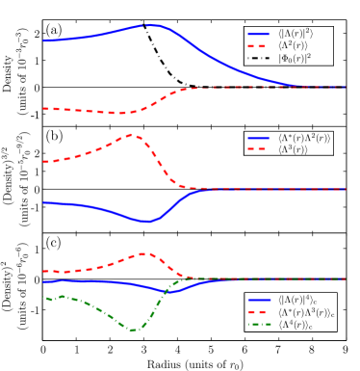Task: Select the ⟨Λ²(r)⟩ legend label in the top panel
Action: pyautogui.click(x=296, y=46)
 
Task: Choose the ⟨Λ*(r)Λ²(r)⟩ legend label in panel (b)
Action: pyautogui.click(x=304, y=138)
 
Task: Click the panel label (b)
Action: pyautogui.click(x=54, y=136)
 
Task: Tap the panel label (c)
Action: pyautogui.click(x=54, y=242)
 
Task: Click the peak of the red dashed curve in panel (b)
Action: pyautogui.click(x=133, y=135)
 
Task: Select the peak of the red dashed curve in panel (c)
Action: pyautogui.click(x=143, y=253)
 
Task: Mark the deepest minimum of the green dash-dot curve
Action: pyautogui.click(x=131, y=331)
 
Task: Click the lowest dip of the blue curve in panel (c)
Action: pyautogui.click(x=164, y=291)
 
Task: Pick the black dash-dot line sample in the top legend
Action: pyautogui.click(x=260, y=58)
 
